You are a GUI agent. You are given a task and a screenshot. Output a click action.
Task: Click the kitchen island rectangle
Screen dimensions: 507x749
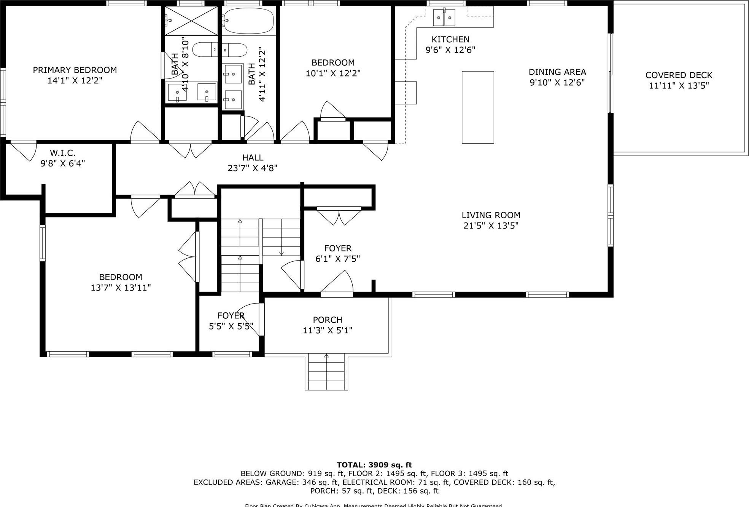tap(478, 107)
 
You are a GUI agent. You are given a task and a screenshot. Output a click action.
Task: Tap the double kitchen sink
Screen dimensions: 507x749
tap(444, 18)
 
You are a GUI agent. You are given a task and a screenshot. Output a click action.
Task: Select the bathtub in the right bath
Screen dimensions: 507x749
tap(248, 21)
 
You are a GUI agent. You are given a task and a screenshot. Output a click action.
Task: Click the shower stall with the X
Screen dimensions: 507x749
tap(191, 21)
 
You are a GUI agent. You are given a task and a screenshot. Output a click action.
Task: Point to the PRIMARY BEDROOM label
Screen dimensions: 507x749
tap(75, 70)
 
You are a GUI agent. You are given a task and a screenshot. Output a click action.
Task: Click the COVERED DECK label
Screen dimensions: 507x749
tap(679, 75)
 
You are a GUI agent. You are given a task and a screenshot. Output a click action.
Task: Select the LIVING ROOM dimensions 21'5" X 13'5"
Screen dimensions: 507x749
tap(491, 226)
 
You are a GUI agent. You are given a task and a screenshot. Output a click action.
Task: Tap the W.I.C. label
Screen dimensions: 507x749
tap(62, 153)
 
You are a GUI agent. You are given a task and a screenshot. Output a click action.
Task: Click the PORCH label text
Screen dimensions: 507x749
tap(328, 320)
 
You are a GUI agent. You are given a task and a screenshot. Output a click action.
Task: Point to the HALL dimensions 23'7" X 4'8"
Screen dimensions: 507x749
tap(253, 168)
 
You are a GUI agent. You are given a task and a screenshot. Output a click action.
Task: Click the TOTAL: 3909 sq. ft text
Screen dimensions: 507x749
tap(374, 465)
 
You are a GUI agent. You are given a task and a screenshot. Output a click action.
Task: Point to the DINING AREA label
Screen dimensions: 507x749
tap(557, 72)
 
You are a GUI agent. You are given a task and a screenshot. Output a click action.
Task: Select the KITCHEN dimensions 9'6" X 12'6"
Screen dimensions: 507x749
tap(450, 50)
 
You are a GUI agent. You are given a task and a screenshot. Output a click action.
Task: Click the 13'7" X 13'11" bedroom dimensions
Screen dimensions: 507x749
tap(121, 288)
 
